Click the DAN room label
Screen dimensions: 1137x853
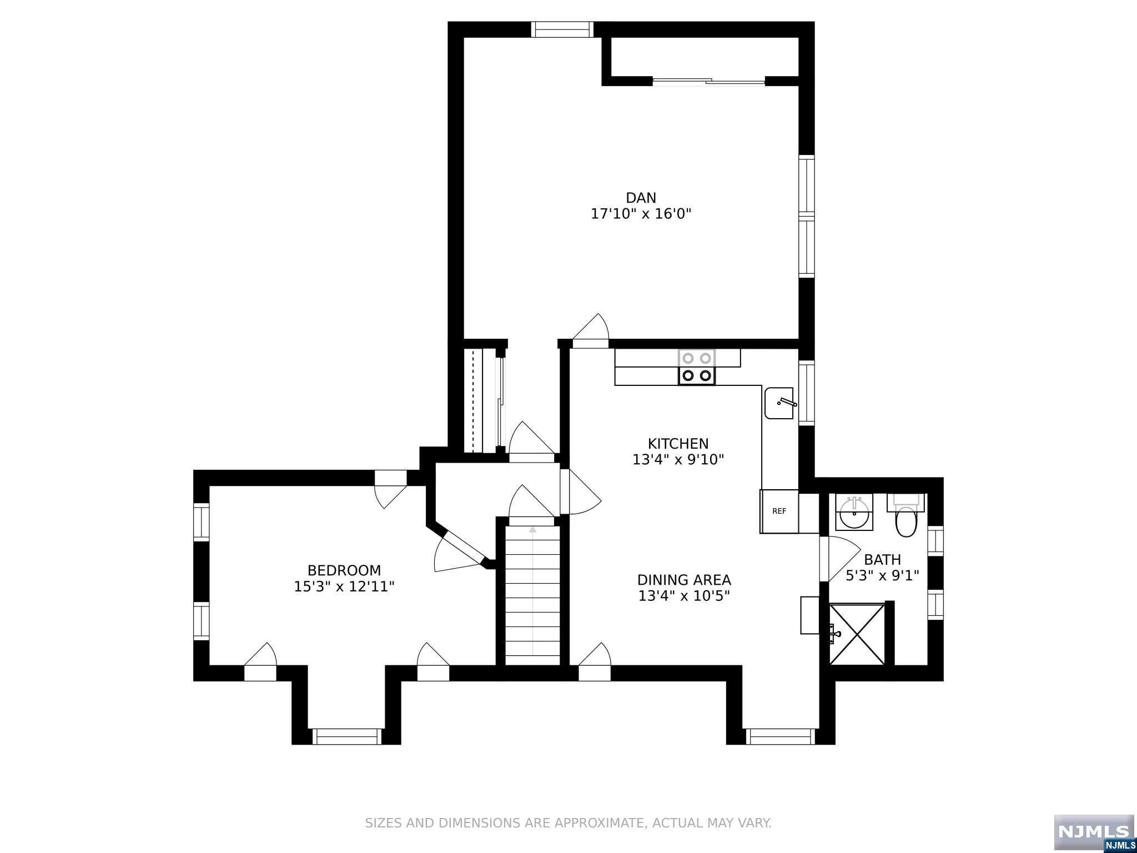[641, 198]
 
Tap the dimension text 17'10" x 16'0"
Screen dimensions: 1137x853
[641, 214]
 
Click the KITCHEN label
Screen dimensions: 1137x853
[678, 444]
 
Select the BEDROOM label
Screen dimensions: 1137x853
[344, 570]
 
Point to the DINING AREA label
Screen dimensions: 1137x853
[684, 580]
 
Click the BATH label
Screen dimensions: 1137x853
[882, 559]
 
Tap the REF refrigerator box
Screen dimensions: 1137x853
[779, 511]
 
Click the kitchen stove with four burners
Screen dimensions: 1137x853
[697, 367]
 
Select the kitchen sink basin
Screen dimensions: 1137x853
[779, 403]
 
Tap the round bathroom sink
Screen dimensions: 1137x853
[854, 512]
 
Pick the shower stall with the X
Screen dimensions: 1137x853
[857, 634]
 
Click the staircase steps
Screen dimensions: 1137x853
[532, 595]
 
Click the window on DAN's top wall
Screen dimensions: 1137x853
[562, 29]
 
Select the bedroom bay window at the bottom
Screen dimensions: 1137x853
[347, 736]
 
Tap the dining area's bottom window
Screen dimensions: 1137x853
[780, 736]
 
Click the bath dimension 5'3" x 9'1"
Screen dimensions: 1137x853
[882, 575]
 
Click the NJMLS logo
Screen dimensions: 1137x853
[1094, 831]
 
